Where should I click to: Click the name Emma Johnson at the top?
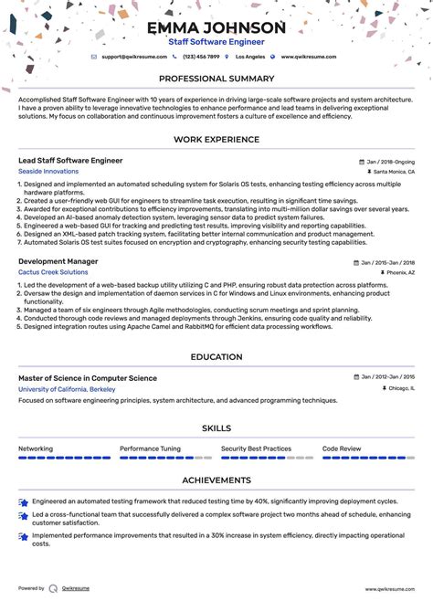[216, 27]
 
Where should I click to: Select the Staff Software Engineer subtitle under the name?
[216, 42]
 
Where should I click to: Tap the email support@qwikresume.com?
[135, 57]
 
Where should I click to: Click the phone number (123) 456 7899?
[201, 57]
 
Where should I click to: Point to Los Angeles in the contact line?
[250, 57]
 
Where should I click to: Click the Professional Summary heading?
[216, 79]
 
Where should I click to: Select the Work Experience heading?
[216, 140]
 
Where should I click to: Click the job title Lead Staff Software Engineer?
[70, 160]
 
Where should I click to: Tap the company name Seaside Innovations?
[48, 171]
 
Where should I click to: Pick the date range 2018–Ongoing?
[390, 160]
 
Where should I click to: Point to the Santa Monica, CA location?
[394, 171]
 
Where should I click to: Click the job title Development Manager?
[58, 261]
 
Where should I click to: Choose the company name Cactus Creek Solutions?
[53, 272]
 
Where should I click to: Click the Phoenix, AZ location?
[397, 272]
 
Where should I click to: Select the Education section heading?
[216, 357]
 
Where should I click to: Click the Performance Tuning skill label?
[150, 448]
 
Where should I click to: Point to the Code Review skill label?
[342, 448]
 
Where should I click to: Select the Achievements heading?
[216, 480]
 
